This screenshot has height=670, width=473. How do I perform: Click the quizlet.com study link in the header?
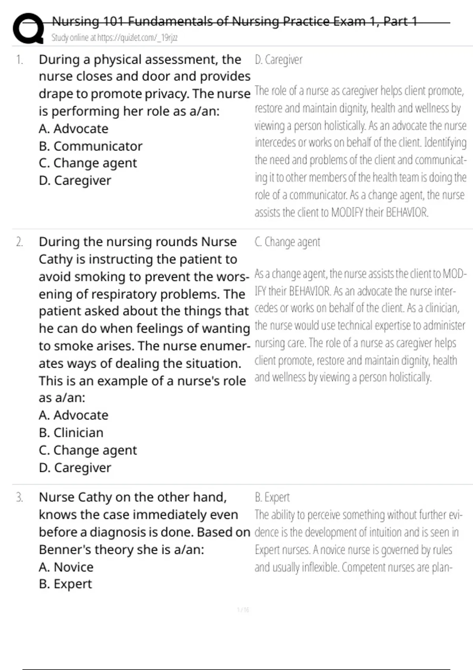pyautogui.click(x=114, y=38)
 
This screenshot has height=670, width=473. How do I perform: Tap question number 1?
pyautogui.click(x=19, y=60)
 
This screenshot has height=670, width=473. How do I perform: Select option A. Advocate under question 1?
pyautogui.click(x=73, y=129)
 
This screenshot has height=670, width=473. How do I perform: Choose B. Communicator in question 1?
pyautogui.click(x=90, y=146)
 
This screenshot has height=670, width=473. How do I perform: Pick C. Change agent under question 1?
pyautogui.click(x=88, y=163)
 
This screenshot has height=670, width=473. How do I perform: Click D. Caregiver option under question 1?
pyautogui.click(x=75, y=181)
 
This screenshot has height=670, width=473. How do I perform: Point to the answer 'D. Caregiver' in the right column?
pyautogui.click(x=278, y=60)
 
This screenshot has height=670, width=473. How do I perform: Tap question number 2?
pyautogui.click(x=19, y=242)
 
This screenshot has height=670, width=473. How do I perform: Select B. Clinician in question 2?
pyautogui.click(x=71, y=433)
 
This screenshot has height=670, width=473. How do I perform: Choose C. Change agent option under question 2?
pyautogui.click(x=88, y=450)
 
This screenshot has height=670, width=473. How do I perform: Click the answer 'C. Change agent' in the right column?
pyautogui.click(x=287, y=242)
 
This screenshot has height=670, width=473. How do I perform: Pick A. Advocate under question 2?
pyautogui.click(x=73, y=415)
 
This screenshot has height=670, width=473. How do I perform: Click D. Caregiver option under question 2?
pyautogui.click(x=75, y=468)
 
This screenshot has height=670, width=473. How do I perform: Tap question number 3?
pyautogui.click(x=19, y=497)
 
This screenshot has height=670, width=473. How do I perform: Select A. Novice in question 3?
pyautogui.click(x=66, y=567)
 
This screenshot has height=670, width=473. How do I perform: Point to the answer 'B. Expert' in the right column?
pyautogui.click(x=272, y=497)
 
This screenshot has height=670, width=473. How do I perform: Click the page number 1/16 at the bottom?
pyautogui.click(x=243, y=610)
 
